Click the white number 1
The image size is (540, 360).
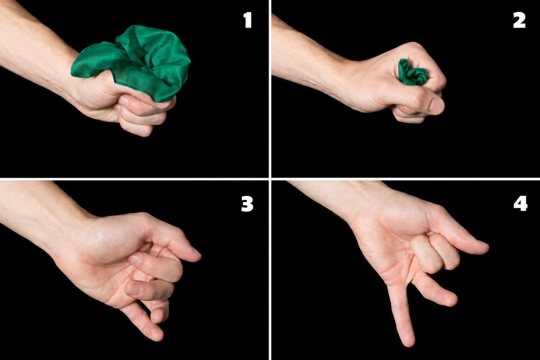[x=248, y=20]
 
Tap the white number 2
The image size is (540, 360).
[x=519, y=20]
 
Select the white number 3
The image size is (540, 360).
[x=247, y=204]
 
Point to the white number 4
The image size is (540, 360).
[x=520, y=203]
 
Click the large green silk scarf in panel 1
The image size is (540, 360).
[x=135, y=63]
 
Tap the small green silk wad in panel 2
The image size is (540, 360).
[x=412, y=72]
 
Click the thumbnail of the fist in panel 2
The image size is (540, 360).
[x=436, y=106]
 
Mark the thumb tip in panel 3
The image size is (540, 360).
[x=197, y=256]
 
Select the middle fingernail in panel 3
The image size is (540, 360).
[x=134, y=289]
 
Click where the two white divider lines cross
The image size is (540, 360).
[x=270, y=179]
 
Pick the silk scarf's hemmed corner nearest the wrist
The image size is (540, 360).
[x=73, y=73]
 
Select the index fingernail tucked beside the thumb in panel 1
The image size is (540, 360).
[x=124, y=101]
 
